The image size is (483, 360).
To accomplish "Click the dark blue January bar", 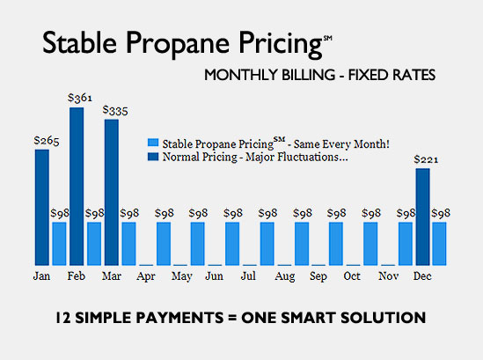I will (x=42, y=207).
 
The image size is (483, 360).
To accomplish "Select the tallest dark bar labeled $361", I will (x=77, y=186).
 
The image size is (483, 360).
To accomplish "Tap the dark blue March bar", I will (x=111, y=192).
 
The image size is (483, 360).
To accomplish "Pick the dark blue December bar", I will (x=423, y=217).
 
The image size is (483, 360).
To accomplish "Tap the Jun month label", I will (x=214, y=276).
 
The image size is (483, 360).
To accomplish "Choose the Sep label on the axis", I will (x=318, y=276).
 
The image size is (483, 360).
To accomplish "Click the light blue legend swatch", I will (x=154, y=143).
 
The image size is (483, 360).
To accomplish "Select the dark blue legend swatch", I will (x=154, y=156).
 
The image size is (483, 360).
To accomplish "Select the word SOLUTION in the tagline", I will (x=385, y=317).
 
